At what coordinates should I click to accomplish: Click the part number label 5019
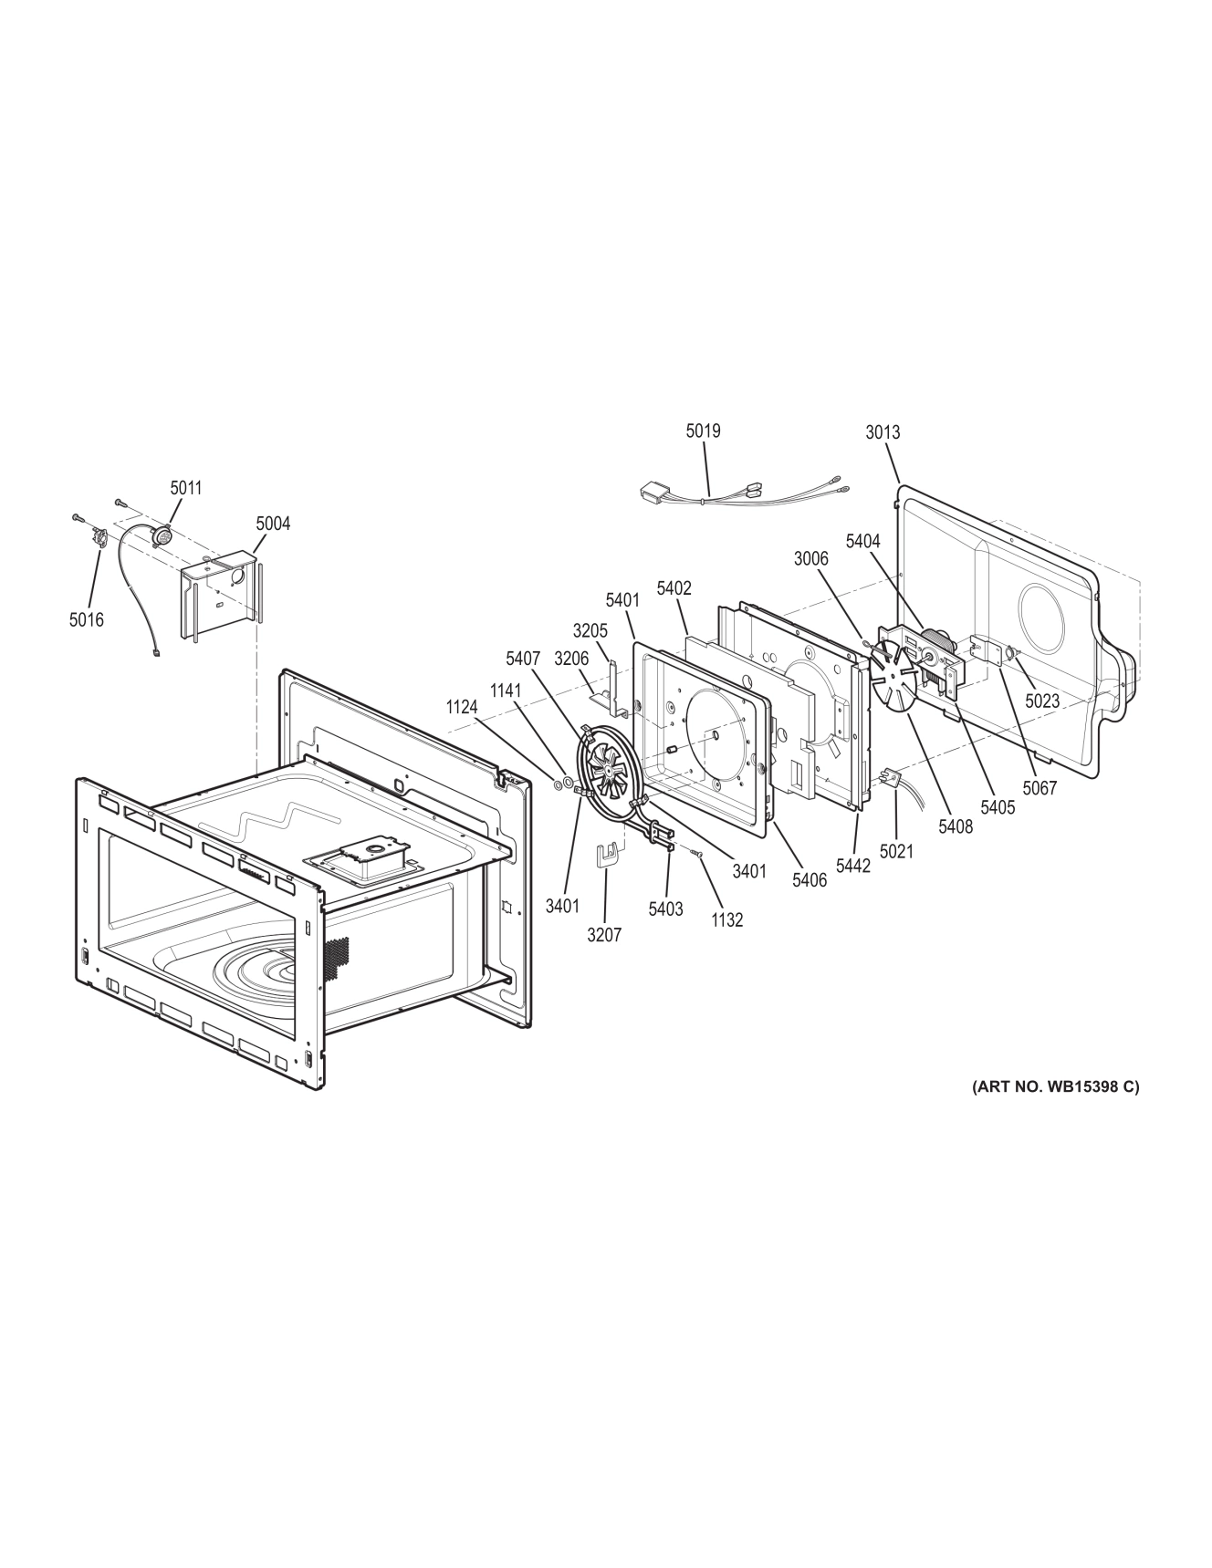703,430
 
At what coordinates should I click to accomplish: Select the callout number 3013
883,432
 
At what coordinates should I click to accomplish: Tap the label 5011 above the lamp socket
185,488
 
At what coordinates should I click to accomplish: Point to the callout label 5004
273,524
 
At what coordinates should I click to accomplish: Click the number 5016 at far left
86,620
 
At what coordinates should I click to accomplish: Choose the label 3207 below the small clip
604,935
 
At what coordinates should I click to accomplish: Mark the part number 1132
727,920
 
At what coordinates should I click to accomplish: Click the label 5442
853,866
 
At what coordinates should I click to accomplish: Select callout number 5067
1040,788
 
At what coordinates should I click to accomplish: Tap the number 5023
1041,702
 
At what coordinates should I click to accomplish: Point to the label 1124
462,707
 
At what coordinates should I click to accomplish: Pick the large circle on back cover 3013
1040,618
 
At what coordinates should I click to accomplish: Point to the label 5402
674,589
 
